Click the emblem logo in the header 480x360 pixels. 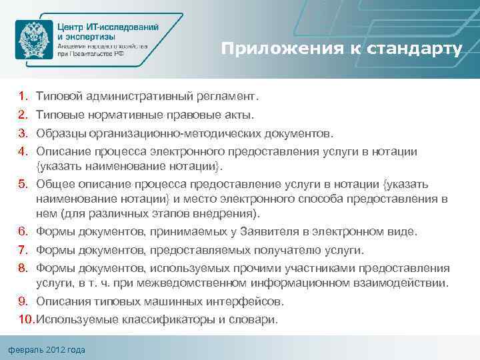click(x=34, y=41)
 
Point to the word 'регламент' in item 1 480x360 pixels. click(x=226, y=97)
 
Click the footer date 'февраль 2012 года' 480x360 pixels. click(x=47, y=350)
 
